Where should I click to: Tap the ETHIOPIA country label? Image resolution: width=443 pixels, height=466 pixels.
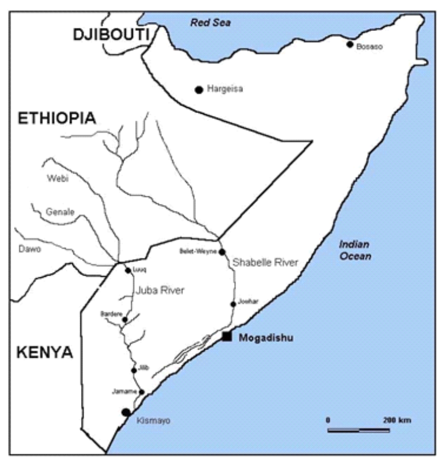(x=56, y=118)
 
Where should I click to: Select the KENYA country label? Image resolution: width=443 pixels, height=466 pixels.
(x=44, y=352)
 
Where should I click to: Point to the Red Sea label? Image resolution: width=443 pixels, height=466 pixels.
(x=210, y=23)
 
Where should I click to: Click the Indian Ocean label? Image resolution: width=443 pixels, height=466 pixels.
(x=356, y=250)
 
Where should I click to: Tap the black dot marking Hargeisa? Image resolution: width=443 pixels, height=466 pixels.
(x=199, y=90)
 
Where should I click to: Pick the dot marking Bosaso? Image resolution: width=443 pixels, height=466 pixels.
(x=350, y=44)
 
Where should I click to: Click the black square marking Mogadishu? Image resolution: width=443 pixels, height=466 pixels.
(x=227, y=336)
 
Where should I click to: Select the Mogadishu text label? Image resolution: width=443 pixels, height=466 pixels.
(x=266, y=337)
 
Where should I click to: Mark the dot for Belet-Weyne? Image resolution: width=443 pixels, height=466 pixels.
(x=221, y=252)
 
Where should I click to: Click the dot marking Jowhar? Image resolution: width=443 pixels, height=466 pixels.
(x=233, y=303)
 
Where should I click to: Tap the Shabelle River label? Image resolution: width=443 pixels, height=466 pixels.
(x=265, y=263)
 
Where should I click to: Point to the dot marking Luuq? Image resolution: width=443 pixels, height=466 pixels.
(x=128, y=270)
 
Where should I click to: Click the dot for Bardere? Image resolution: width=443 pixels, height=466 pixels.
(x=125, y=319)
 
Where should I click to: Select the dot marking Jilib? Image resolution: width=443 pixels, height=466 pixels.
(x=133, y=370)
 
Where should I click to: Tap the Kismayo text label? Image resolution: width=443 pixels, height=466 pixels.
(x=153, y=421)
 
